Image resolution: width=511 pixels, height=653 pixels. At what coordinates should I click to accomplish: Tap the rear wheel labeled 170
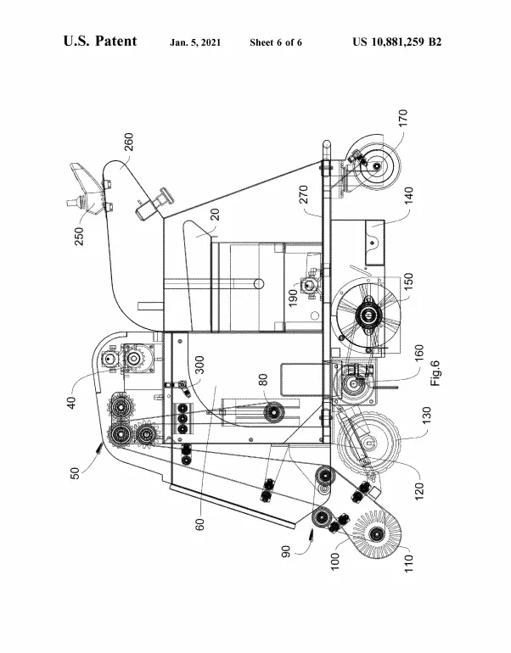[370, 165]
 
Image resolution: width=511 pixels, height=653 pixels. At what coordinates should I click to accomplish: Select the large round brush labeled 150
[368, 315]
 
